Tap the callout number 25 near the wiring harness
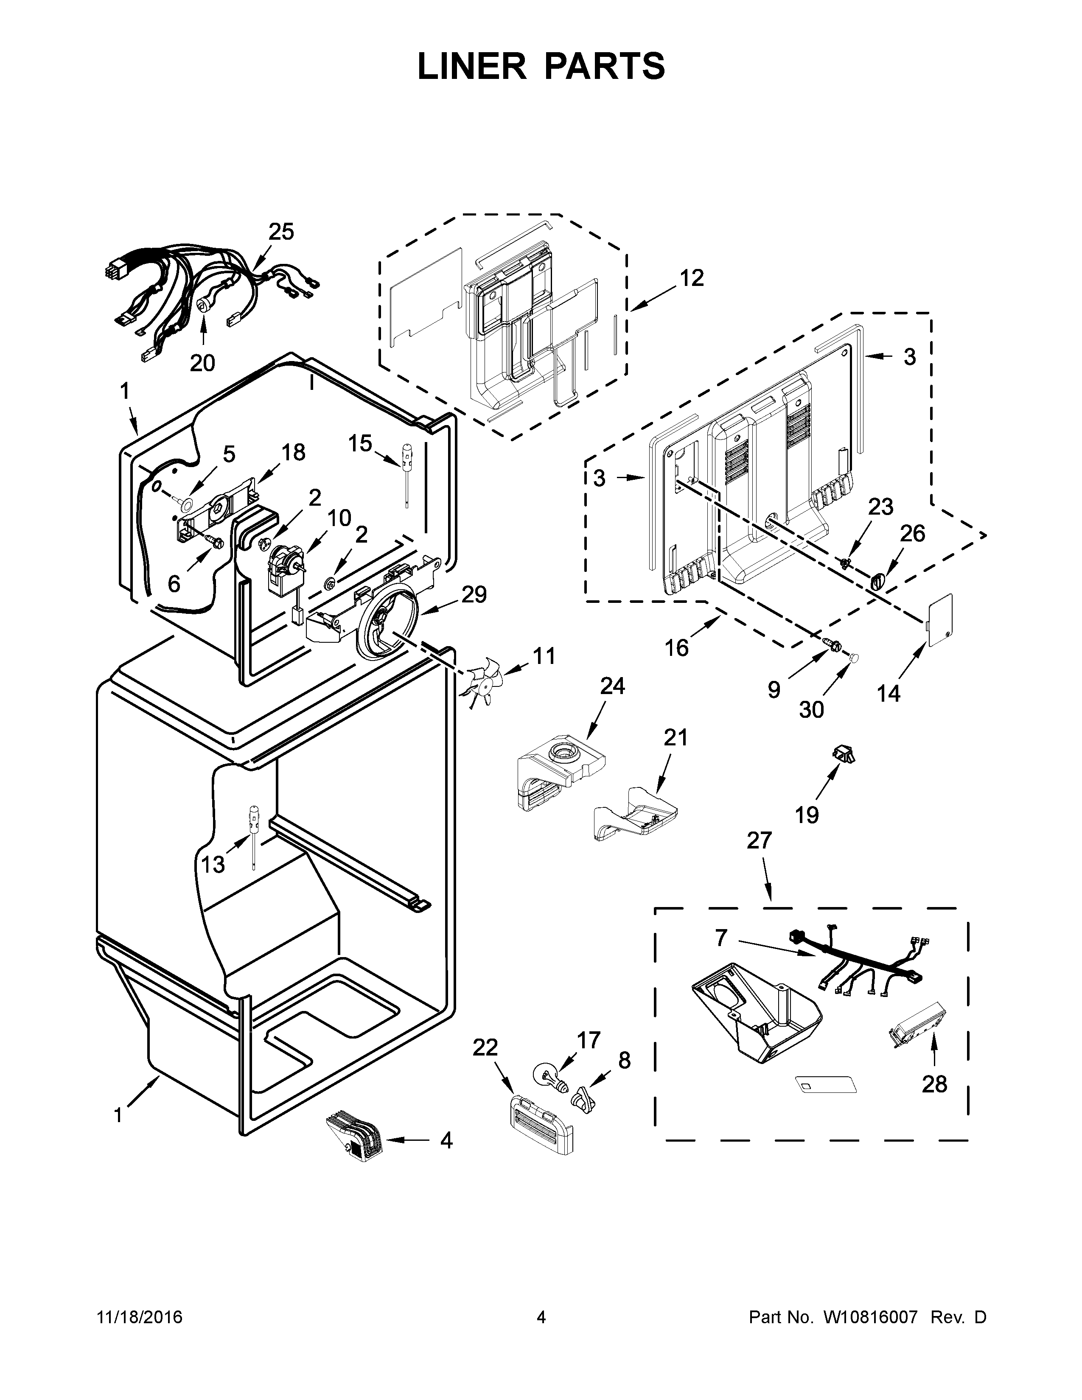coord(281,232)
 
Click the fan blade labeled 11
coord(485,682)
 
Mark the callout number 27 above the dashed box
coord(759,840)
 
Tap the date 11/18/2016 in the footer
coord(140,1318)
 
